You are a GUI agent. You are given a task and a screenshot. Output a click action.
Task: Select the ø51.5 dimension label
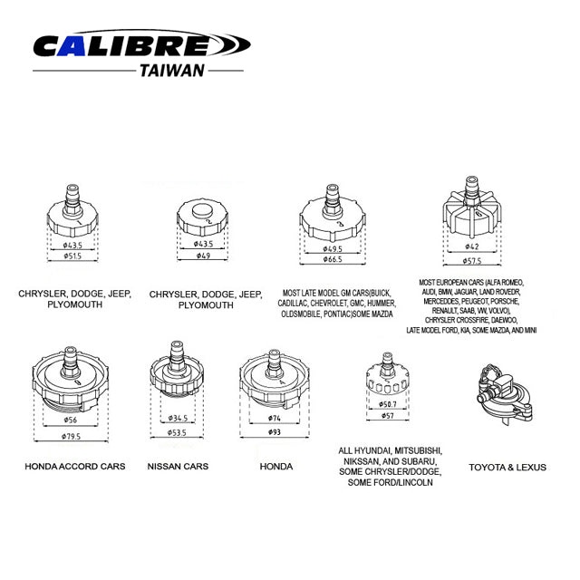72,257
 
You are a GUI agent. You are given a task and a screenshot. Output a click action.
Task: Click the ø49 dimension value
206,256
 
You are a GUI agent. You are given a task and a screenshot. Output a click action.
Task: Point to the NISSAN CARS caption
178,467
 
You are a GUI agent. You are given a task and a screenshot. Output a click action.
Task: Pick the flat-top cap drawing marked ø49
206,217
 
